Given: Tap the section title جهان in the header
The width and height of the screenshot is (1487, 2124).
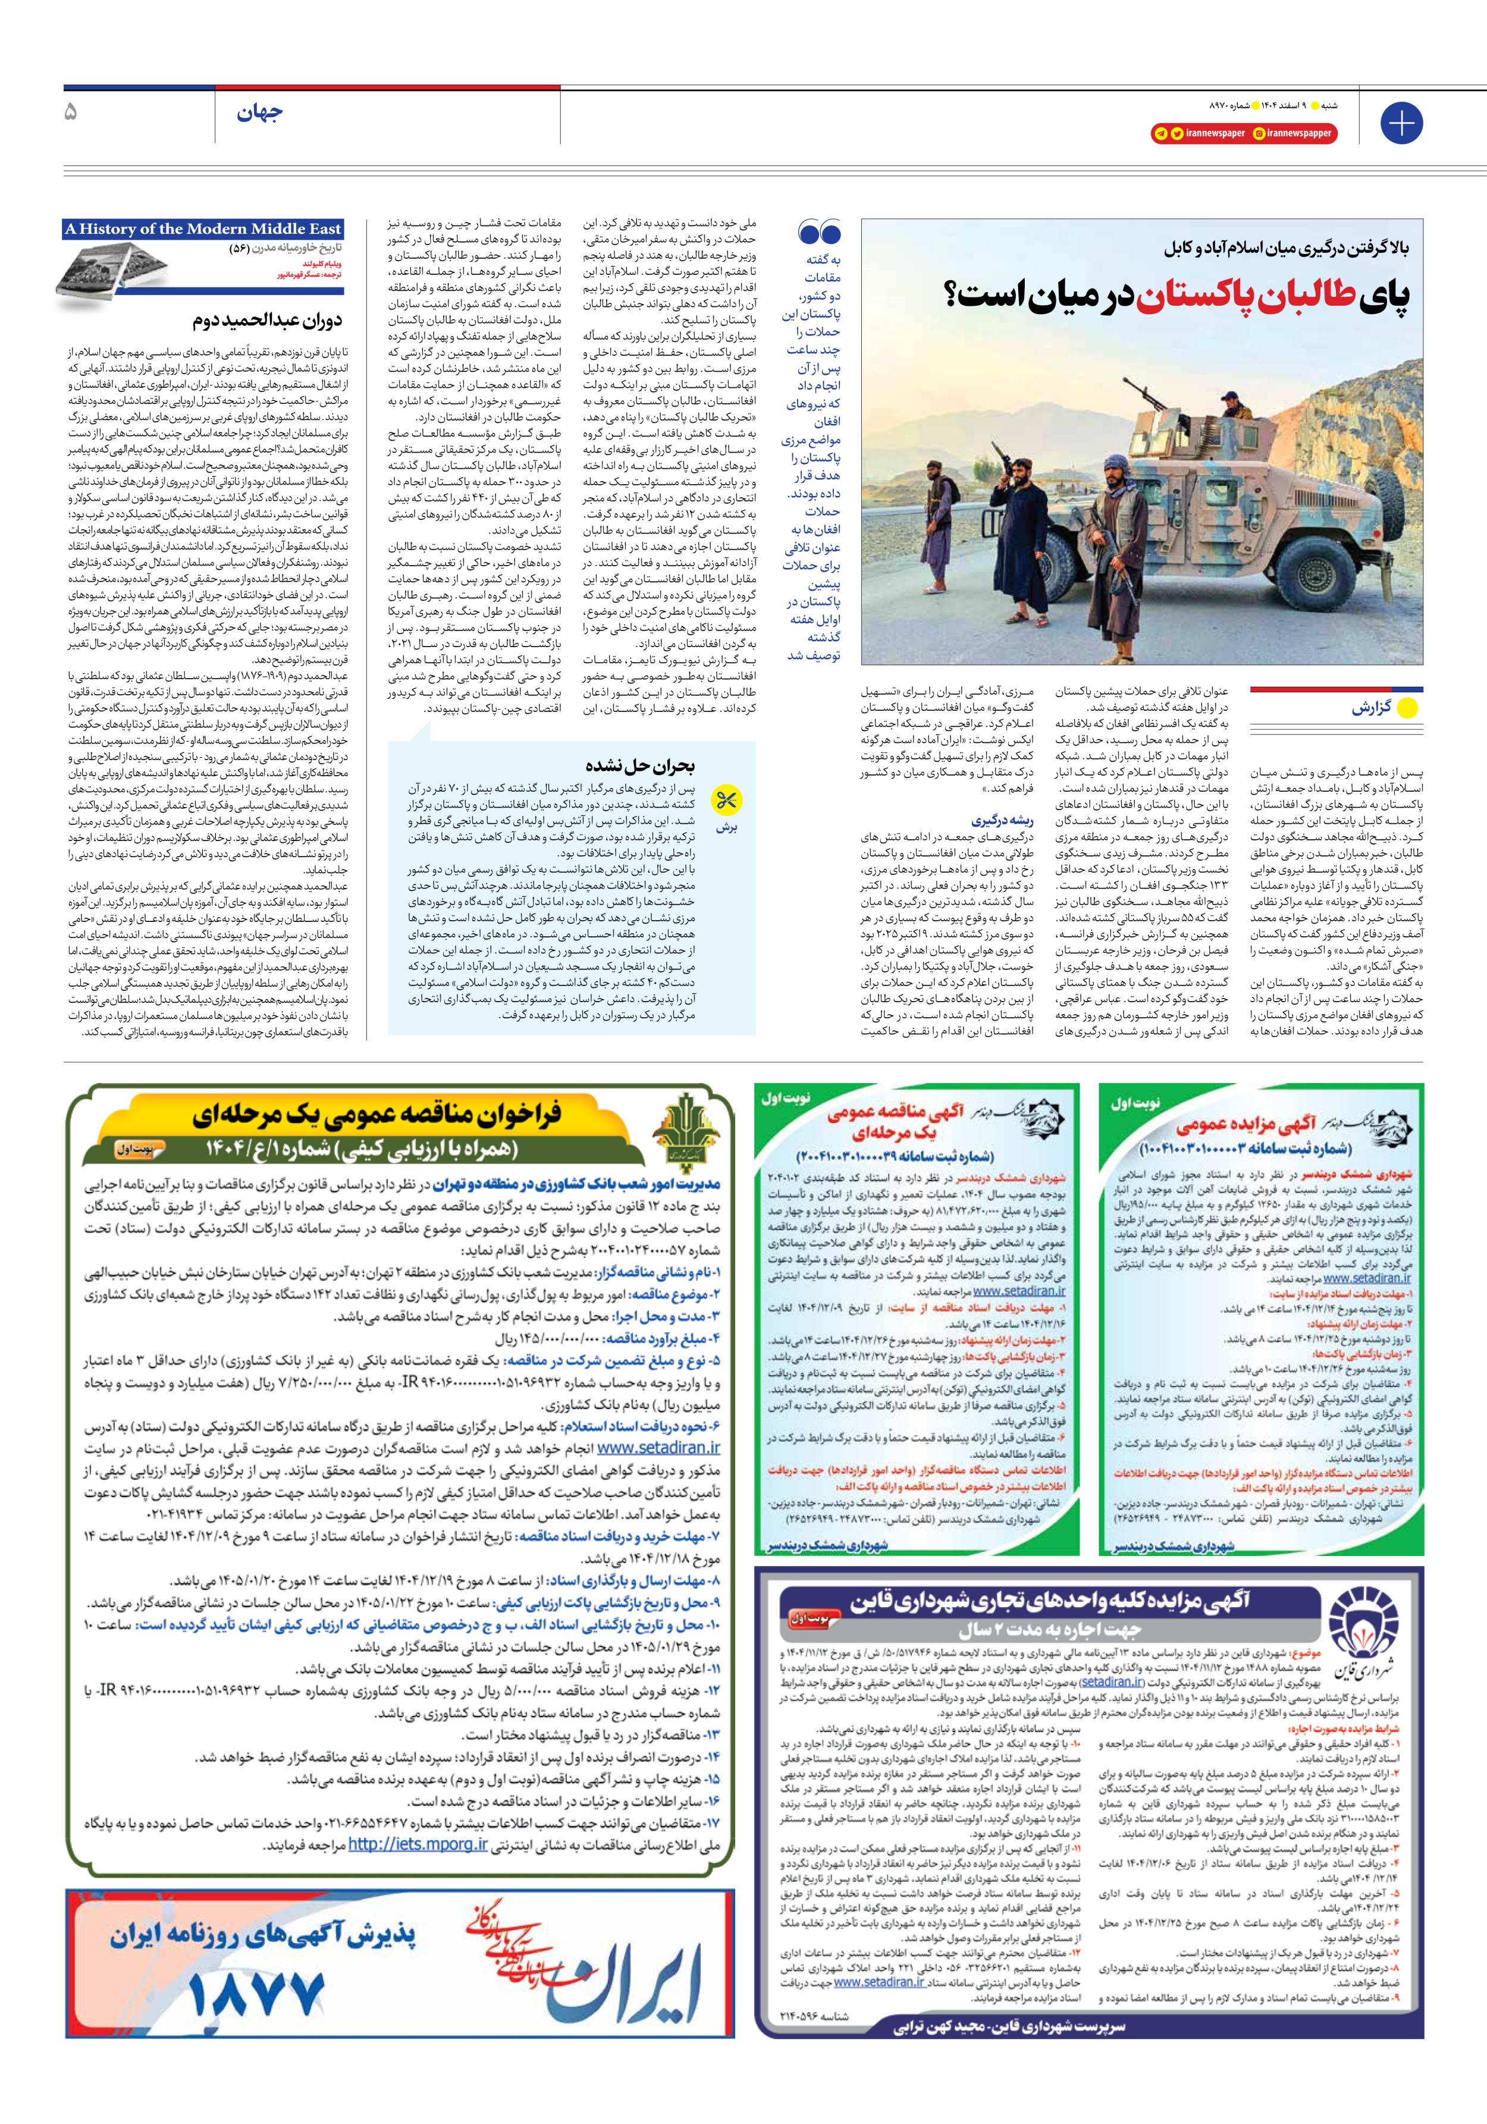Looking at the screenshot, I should [259, 114].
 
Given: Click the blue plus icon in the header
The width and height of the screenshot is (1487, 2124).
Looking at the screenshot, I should [1401, 123].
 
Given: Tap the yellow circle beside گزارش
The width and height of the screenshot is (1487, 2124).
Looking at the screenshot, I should [1407, 708].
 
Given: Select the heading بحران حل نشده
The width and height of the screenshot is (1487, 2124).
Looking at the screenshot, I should [639, 765].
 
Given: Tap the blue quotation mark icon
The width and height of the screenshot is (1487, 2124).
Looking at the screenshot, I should [819, 233].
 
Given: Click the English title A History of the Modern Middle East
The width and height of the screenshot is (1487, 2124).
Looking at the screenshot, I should [203, 228].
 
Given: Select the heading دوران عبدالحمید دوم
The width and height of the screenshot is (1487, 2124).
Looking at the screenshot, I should [268, 321].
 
